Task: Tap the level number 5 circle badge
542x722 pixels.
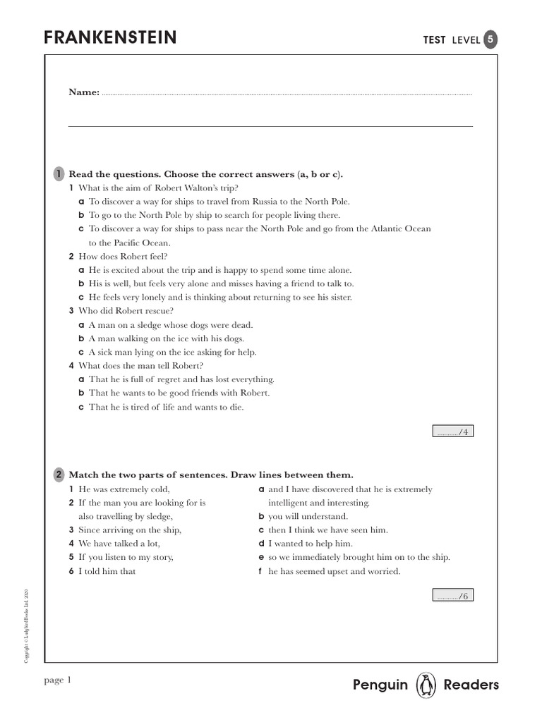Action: (490, 39)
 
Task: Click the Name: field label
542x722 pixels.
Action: (83, 92)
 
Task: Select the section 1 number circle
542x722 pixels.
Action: (59, 173)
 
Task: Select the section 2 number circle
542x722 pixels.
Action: (59, 475)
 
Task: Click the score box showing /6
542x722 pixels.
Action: (452, 596)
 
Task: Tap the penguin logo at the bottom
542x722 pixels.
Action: (426, 685)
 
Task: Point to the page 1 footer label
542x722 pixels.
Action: (58, 680)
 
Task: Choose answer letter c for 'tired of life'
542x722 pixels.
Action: (81, 407)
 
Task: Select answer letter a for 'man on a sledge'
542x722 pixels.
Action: (81, 325)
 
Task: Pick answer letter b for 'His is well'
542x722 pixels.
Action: (81, 283)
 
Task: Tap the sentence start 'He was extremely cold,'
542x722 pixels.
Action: (124, 489)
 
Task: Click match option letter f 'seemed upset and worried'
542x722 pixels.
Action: (261, 571)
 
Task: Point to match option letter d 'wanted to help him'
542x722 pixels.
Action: (261, 544)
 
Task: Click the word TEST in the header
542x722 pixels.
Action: (434, 40)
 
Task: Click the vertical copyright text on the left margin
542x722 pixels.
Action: (27, 624)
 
